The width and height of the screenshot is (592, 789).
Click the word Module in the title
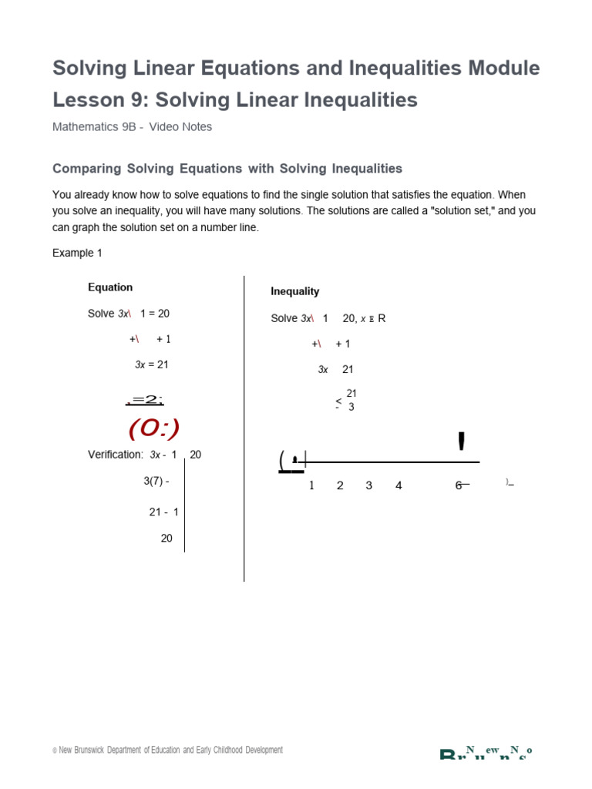(502, 69)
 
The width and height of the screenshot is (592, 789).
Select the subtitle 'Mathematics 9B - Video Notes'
(132, 127)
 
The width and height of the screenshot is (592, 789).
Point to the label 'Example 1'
(77, 253)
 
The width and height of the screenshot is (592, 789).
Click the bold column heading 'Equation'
(110, 287)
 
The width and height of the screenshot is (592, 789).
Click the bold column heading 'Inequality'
(294, 291)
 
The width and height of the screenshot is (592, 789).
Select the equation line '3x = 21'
(152, 364)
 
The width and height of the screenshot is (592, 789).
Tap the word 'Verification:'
(116, 455)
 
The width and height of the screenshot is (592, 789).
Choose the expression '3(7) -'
(156, 481)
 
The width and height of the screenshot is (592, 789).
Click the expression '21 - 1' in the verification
(164, 512)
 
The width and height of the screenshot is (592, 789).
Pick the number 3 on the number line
(369, 485)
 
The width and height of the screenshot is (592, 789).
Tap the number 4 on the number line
(399, 485)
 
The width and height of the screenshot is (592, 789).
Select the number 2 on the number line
(340, 485)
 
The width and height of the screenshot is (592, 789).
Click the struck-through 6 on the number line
(459, 485)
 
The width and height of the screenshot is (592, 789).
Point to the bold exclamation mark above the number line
(461, 442)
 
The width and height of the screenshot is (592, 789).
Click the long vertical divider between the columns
(244, 428)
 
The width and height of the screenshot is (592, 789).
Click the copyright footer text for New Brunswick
(167, 750)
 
